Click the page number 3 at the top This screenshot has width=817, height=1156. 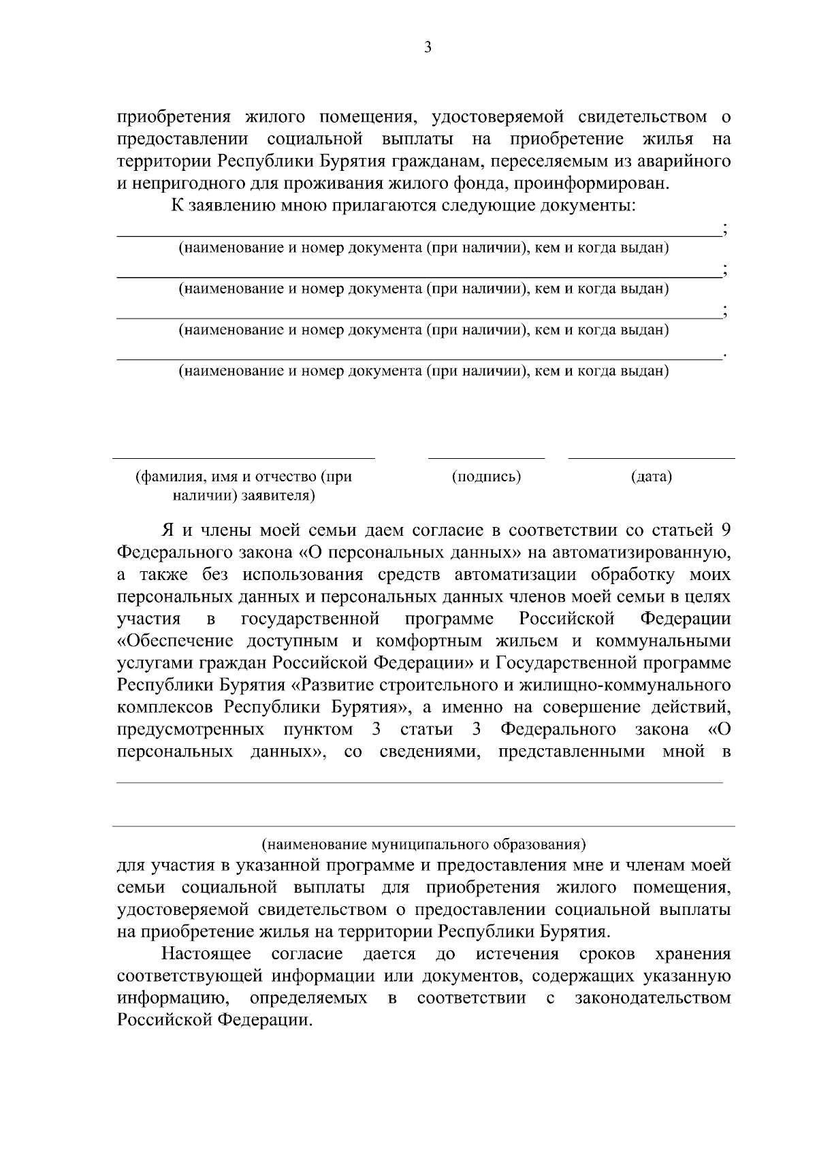click(428, 47)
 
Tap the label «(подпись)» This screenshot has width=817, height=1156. click(486, 477)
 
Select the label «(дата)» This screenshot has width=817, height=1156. click(651, 477)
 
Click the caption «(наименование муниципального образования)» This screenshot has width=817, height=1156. click(423, 845)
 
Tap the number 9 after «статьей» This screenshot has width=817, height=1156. click(726, 530)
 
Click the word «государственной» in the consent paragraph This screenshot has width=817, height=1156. click(310, 619)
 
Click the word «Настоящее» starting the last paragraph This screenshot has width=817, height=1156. click(206, 954)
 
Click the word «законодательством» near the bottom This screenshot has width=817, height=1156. click(653, 998)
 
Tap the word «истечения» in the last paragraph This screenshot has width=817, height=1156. click(517, 954)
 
